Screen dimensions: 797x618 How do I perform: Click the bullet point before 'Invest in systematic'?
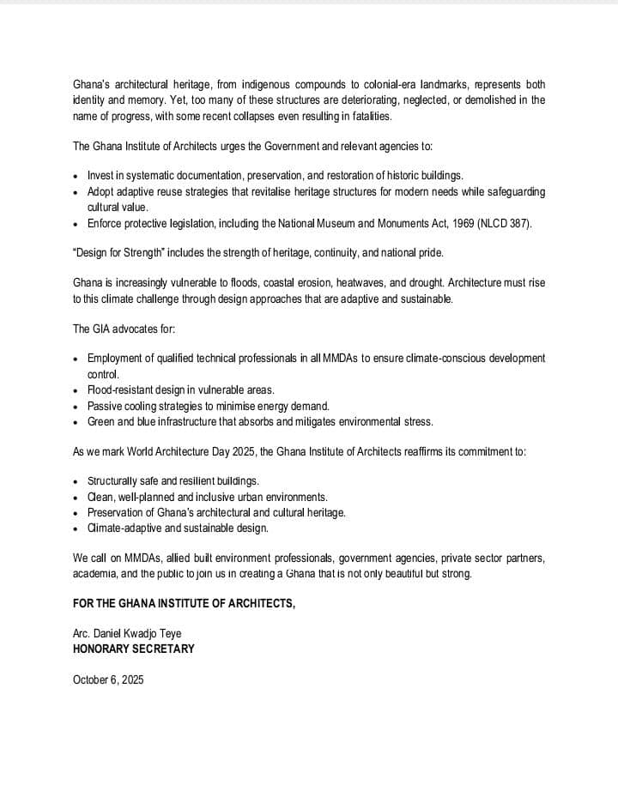(x=77, y=176)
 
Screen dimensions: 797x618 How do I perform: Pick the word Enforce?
(x=106, y=224)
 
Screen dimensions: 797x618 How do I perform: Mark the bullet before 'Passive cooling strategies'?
(x=77, y=406)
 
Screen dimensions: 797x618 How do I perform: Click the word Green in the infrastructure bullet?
(x=102, y=421)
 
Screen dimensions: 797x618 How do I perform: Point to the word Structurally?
(x=115, y=480)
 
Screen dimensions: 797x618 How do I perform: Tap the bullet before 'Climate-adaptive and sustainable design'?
(x=77, y=528)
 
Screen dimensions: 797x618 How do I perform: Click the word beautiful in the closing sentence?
(x=407, y=574)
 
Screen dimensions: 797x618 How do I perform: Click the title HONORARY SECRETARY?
(x=133, y=649)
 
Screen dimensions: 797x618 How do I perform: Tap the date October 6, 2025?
(x=108, y=680)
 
